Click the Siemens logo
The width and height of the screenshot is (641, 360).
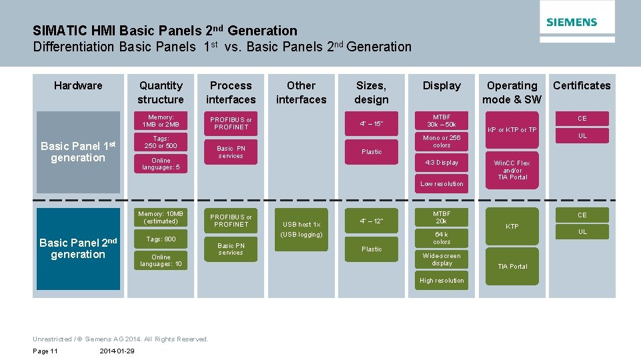(x=572, y=22)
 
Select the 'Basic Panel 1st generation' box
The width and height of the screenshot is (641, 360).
(x=78, y=152)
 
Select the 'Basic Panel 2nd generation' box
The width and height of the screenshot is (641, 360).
(x=78, y=249)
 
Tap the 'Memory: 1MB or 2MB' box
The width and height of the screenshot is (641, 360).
(x=161, y=121)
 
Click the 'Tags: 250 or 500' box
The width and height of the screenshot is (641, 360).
(x=161, y=142)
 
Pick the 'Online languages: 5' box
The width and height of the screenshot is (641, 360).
(x=161, y=164)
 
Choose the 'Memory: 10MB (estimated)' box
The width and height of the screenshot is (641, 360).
(x=161, y=217)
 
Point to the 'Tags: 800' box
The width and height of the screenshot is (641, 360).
(x=161, y=239)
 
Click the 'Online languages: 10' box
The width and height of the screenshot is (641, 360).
(x=161, y=261)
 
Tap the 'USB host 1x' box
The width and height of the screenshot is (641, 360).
(x=301, y=225)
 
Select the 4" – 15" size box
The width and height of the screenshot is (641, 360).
(x=372, y=123)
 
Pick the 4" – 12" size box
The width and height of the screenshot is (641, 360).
(x=372, y=221)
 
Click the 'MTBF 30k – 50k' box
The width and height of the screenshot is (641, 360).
(x=442, y=121)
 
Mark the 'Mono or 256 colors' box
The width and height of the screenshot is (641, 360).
(x=442, y=141)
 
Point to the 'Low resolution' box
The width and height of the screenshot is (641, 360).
(x=442, y=184)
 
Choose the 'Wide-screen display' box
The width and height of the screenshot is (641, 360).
(x=442, y=259)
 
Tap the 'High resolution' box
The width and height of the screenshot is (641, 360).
(x=442, y=281)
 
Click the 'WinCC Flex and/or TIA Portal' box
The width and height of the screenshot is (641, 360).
(x=512, y=170)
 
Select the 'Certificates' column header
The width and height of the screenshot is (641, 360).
(x=582, y=85)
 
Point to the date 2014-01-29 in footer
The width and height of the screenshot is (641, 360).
(x=116, y=351)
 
